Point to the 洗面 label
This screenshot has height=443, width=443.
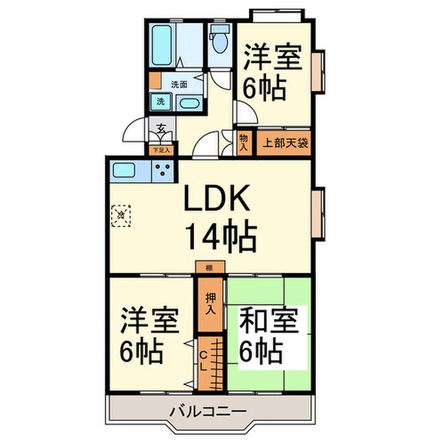[x=179, y=84]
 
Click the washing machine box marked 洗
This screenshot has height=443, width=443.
[x=161, y=101]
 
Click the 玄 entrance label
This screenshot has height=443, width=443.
[x=161, y=128]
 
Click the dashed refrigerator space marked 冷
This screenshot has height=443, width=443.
[x=120, y=215]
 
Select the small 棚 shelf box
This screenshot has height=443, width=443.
[x=209, y=268]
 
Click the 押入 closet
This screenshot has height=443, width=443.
[x=211, y=304]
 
